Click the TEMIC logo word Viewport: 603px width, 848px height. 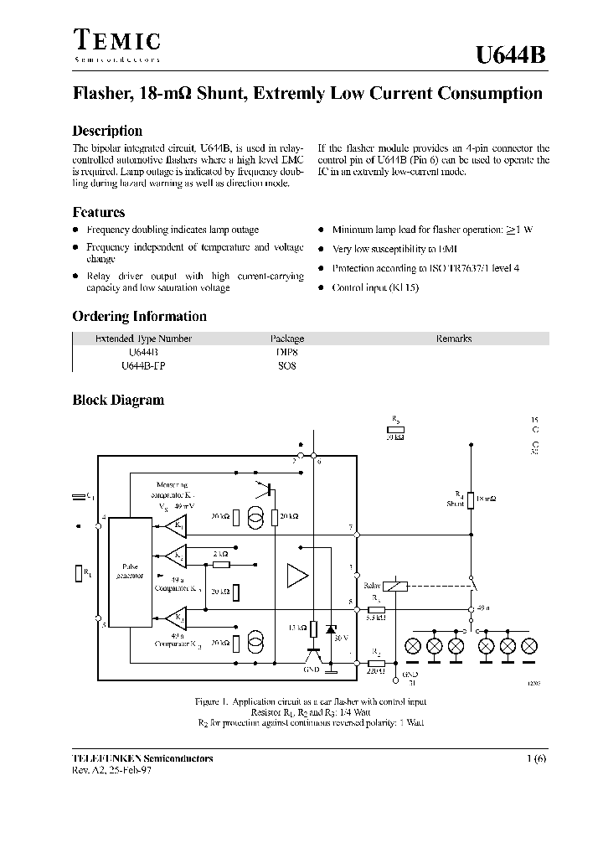[116, 39]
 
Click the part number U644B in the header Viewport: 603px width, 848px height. [510, 55]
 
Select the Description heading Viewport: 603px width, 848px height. [107, 131]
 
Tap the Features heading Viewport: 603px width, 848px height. [98, 213]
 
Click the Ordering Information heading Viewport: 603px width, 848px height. [139, 317]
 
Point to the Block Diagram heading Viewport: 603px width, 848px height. [118, 401]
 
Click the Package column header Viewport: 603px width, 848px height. [286, 339]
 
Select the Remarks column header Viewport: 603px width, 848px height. [453, 339]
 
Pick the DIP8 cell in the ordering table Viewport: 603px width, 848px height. [286, 353]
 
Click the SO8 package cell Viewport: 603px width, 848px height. [286, 366]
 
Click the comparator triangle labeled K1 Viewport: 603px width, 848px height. [176, 526]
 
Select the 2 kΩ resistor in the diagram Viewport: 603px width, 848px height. [221, 564]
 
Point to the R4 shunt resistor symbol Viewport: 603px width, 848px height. [470, 500]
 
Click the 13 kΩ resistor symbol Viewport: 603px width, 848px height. [313, 628]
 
